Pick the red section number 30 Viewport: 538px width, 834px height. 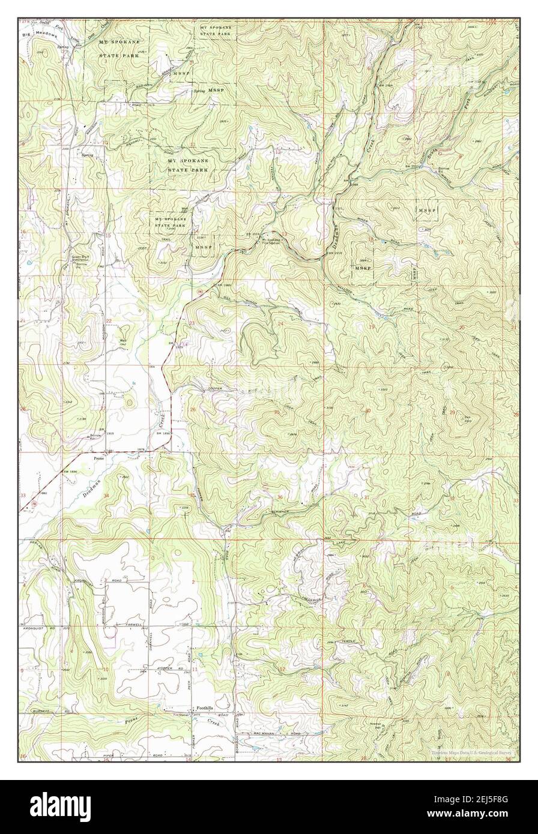tap(367, 411)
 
